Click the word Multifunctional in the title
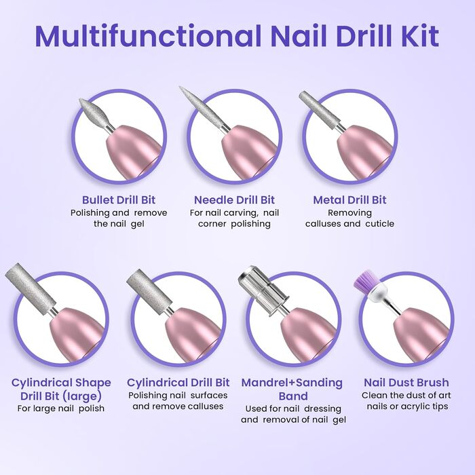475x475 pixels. pos(148,36)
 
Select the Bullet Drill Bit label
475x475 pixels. pos(119,200)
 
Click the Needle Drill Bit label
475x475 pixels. pos(234,200)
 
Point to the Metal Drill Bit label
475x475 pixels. pos(349,200)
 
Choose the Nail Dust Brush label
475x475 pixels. pos(406,382)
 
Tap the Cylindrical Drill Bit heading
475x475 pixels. pos(178,382)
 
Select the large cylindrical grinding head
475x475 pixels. pos(31,285)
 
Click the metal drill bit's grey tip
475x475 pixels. pos(318,108)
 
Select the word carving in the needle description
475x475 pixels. pos(241,213)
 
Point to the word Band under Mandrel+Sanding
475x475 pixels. pos(293,396)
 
